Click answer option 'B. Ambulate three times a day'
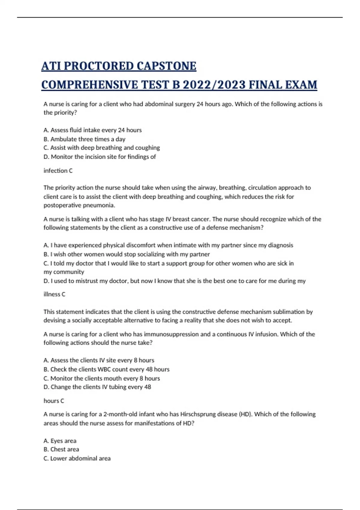coord(84,139)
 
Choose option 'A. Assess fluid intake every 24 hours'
coord(92,130)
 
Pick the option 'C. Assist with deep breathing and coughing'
coord(101,148)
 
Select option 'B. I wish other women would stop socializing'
coord(126,254)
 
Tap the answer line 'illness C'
coord(54,294)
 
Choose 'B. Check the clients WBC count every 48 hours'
coord(106,369)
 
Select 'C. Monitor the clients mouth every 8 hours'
coord(101,378)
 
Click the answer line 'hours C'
coord(54,401)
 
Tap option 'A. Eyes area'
coord(60,441)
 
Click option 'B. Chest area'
coord(61,449)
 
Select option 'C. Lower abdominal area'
coord(77,458)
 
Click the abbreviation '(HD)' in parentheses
coord(246,414)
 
